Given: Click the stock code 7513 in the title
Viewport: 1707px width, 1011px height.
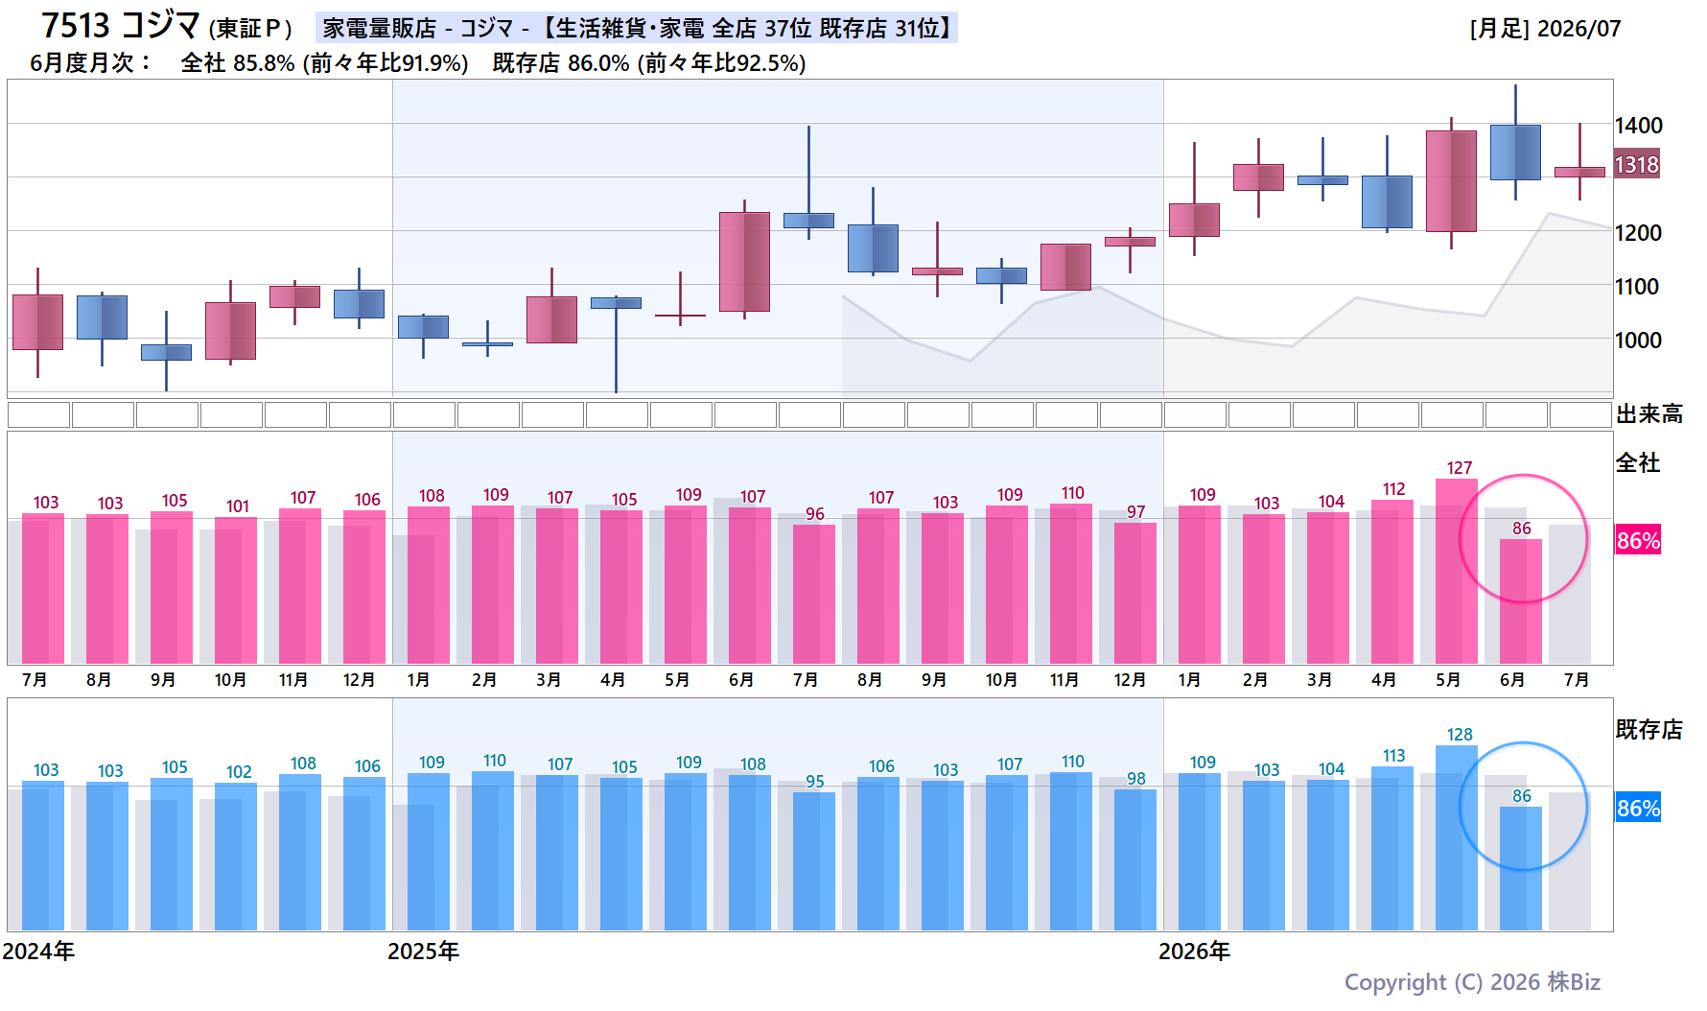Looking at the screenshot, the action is [76, 25].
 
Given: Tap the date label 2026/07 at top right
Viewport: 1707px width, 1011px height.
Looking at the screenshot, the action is [1578, 29].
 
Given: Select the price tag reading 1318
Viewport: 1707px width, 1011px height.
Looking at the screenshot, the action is [1636, 165].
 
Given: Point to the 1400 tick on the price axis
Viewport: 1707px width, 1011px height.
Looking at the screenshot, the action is [1638, 126].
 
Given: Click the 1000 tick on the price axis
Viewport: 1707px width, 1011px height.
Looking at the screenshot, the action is [1638, 341].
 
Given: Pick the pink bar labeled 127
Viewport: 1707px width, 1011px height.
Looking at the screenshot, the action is [1457, 571].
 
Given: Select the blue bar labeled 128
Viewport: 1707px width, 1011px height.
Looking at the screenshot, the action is [1457, 837].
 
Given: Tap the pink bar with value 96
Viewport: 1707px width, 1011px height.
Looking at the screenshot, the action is [814, 594].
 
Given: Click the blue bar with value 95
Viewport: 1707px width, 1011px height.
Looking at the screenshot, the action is [814, 861].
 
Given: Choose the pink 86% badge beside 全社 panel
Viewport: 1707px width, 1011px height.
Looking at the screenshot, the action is [1638, 540].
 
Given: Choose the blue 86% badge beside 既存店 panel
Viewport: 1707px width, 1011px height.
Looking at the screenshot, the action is [1638, 808].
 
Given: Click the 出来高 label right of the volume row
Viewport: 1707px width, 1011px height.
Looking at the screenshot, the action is [1649, 414].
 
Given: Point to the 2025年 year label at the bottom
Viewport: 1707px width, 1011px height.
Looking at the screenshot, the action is [423, 952].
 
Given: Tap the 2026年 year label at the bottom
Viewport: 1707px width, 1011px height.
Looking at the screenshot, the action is [1194, 952].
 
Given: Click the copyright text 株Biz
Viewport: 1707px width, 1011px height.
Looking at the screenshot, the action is [1574, 982].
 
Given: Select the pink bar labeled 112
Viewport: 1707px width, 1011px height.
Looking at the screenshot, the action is [1392, 581].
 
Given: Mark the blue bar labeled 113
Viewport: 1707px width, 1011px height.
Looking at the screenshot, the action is [1392, 848].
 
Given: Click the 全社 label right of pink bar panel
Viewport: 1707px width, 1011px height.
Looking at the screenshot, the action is [1638, 463].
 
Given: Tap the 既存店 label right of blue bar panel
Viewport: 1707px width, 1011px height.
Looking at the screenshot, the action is [1649, 730].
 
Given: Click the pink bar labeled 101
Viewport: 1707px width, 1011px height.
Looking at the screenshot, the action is [236, 590].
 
